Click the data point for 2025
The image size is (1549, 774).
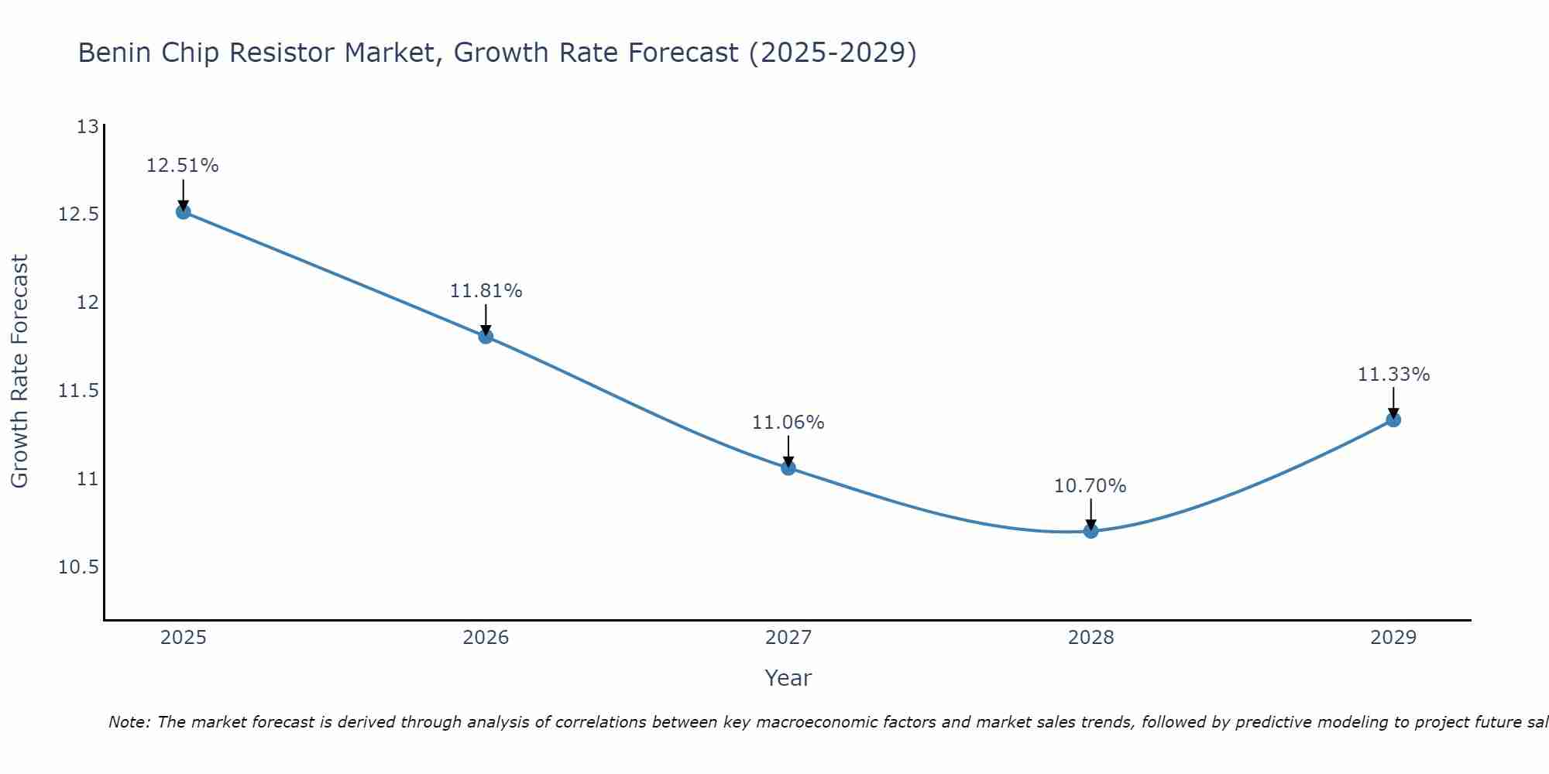coord(184,211)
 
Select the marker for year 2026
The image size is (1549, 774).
coord(486,336)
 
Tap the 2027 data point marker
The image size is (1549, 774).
coord(788,467)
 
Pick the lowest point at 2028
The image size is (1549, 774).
coord(1090,531)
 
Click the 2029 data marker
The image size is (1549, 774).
coord(1393,420)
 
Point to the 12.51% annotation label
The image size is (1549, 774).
coord(183,166)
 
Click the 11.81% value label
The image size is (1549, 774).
coord(486,291)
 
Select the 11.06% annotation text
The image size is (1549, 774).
coord(788,423)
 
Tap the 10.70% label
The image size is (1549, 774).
coord(1090,486)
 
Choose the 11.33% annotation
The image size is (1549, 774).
coord(1393,375)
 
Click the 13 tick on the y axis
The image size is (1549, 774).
coord(88,126)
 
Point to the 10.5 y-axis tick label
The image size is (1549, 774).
coord(79,567)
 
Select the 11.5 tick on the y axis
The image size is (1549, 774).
coord(79,391)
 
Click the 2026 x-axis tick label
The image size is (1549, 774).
coord(486,638)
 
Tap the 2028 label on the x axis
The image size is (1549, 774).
coord(1090,638)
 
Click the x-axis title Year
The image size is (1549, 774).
coord(788,678)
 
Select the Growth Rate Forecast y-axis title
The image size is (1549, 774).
coord(19,372)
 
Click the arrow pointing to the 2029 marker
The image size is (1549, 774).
coord(1393,402)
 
